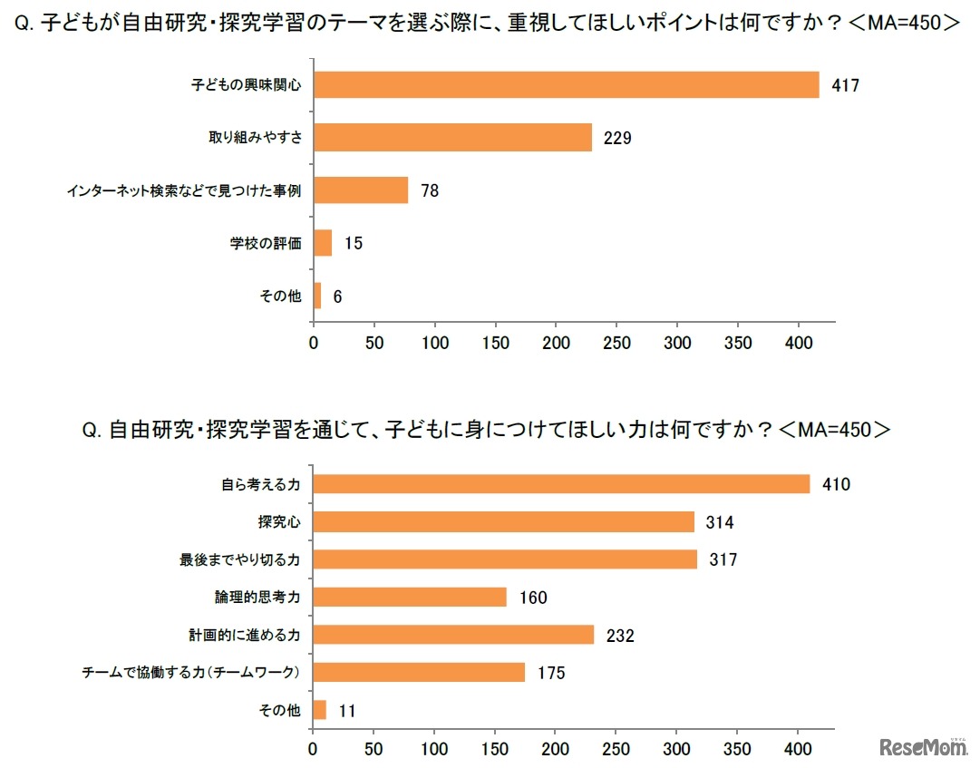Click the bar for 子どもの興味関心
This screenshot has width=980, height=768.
click(566, 85)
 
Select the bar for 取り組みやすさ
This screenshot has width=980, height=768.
click(452, 138)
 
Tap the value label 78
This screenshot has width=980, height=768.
click(429, 191)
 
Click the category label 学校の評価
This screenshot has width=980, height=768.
click(265, 244)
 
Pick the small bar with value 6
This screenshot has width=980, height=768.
click(317, 297)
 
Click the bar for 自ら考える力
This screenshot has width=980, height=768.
click(561, 484)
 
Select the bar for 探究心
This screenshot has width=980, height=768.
click(503, 522)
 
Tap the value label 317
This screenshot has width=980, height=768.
click(723, 559)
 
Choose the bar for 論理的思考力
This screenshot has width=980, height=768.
click(410, 598)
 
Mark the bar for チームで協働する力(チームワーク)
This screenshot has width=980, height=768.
click(419, 672)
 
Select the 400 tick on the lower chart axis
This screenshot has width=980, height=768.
click(798, 750)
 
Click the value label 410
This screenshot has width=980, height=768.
click(835, 484)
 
